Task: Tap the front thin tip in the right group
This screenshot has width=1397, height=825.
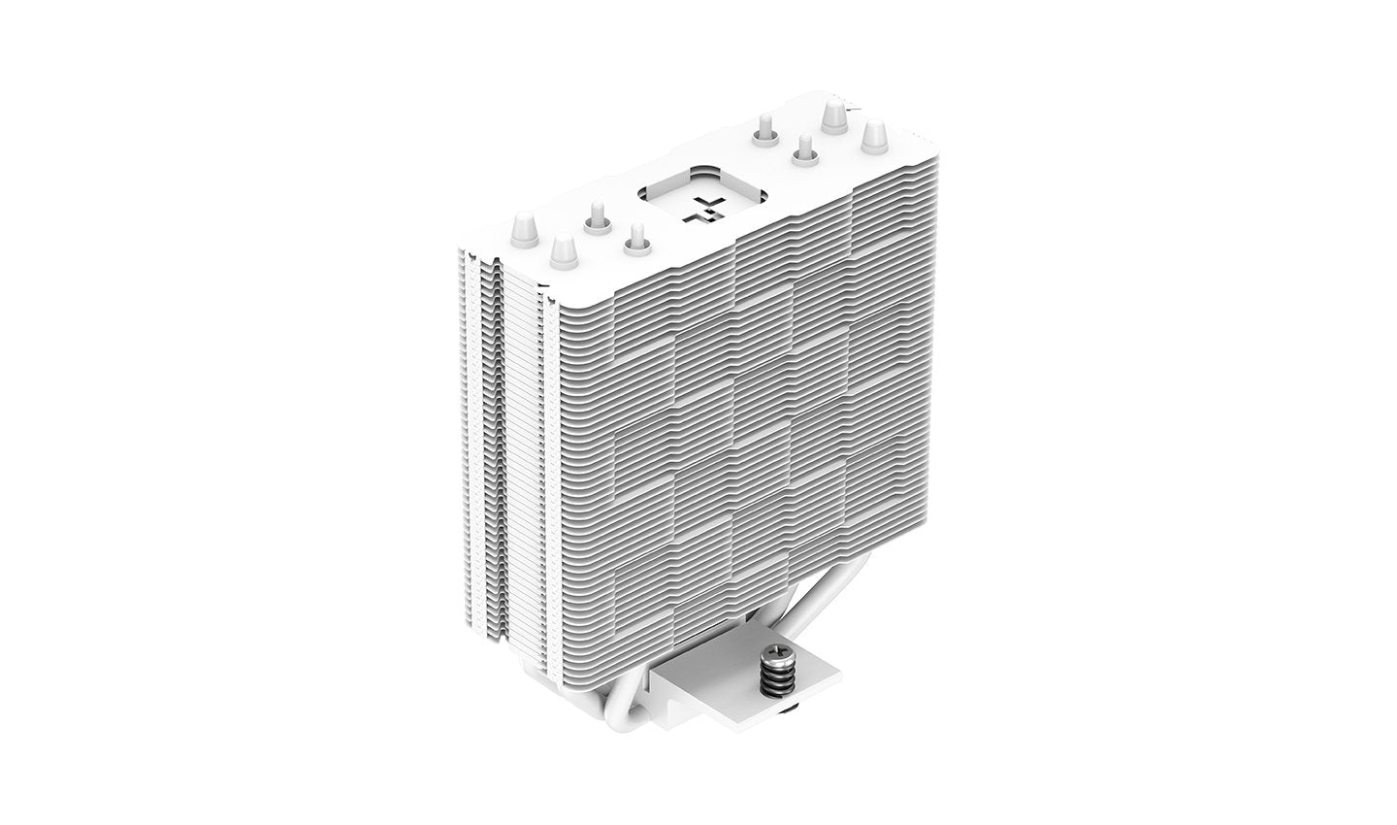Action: (x=802, y=150)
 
